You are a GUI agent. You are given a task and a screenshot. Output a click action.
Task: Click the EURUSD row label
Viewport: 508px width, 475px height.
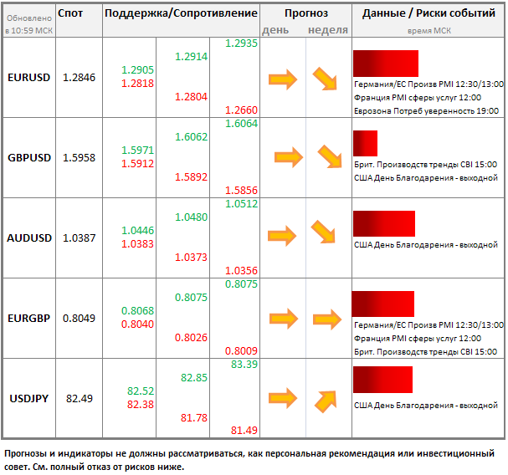28,77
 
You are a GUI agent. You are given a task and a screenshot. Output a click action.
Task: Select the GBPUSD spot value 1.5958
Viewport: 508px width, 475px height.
80,157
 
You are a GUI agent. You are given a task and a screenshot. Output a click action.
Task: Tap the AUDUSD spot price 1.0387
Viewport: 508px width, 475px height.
80,238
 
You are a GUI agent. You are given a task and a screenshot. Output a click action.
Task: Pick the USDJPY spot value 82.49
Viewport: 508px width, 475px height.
80,398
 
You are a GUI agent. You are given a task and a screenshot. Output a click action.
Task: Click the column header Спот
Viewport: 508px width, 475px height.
71,13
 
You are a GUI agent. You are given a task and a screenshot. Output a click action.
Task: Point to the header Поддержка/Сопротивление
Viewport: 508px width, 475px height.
181,13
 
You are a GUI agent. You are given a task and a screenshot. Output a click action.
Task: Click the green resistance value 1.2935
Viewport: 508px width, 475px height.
242,43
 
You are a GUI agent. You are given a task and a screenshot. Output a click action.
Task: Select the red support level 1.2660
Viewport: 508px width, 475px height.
242,110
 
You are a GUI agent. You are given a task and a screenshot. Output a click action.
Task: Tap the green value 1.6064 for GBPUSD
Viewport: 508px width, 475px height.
242,123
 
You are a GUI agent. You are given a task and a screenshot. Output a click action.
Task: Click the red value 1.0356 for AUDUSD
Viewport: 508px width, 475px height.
242,270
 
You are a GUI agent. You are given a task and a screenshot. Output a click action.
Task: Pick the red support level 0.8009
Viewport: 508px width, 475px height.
242,350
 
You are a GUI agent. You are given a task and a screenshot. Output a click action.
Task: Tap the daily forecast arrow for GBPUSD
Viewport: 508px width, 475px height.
288,156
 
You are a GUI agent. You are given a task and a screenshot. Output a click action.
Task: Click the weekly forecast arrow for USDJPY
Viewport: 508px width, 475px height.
326,401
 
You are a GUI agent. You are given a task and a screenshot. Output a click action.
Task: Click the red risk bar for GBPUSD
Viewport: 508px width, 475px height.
365,143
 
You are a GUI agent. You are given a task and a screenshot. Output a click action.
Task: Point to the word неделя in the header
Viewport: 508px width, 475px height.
327,30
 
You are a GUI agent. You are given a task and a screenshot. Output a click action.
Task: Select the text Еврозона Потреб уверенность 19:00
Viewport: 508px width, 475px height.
427,110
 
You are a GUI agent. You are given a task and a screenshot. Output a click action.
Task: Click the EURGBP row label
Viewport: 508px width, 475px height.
28,318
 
